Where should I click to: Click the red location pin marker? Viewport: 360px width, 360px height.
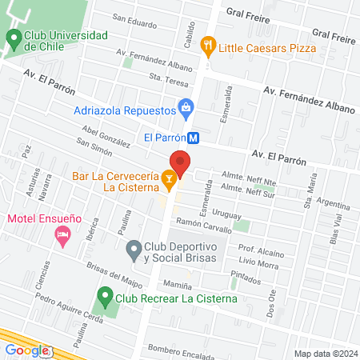click(181, 163)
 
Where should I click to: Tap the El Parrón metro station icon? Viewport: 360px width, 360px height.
click(192, 137)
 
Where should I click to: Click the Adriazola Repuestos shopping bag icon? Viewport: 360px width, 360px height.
click(186, 106)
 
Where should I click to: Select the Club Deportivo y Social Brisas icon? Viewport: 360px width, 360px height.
click(134, 253)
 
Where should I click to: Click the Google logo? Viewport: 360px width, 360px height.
click(26, 350)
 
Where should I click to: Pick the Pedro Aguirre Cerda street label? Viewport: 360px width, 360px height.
click(70, 310)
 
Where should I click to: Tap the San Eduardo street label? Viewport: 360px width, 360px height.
click(134, 22)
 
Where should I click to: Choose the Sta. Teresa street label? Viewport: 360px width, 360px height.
click(166, 78)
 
